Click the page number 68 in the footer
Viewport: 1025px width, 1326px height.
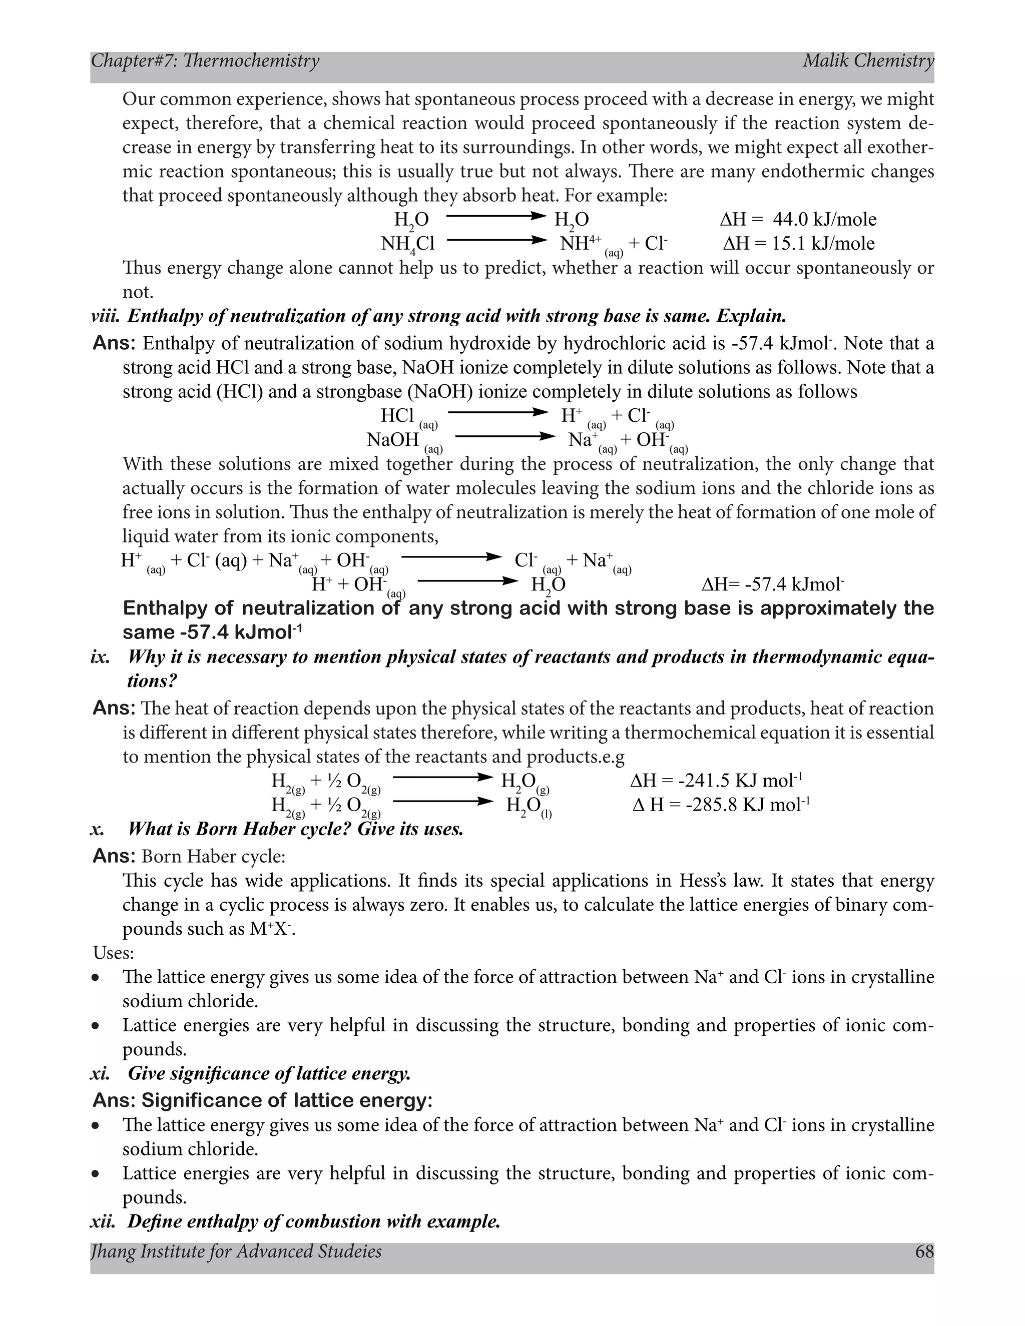pos(923,1251)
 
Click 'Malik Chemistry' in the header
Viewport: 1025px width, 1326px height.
pos(868,61)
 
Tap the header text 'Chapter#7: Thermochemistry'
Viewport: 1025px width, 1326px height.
pos(205,61)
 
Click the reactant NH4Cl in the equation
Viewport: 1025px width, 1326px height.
pos(407,244)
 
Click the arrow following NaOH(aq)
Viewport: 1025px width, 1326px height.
pos(504,436)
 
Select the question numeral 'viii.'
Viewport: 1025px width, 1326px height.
pos(106,316)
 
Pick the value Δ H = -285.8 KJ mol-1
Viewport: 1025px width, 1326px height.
pos(721,805)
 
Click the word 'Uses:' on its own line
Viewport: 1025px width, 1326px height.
pos(114,953)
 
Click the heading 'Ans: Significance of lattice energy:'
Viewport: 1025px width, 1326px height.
pos(262,1100)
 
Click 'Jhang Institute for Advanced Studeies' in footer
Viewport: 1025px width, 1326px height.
pos(236,1251)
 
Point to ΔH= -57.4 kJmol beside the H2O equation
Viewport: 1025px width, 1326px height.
pos(772,584)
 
